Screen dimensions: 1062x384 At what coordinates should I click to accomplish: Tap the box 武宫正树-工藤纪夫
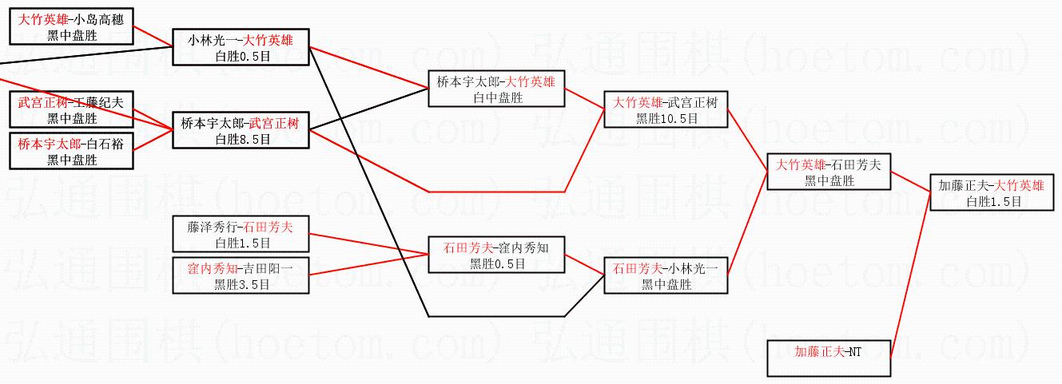pos(72,110)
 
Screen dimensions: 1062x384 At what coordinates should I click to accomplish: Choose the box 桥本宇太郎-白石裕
pos(72,151)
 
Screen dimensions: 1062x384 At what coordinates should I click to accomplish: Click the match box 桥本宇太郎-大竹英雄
pos(496,89)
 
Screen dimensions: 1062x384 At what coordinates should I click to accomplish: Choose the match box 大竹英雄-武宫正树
pos(666,109)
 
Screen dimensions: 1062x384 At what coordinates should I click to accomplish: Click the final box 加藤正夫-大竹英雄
pos(992,192)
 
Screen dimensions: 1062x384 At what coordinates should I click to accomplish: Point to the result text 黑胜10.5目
pos(666,117)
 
